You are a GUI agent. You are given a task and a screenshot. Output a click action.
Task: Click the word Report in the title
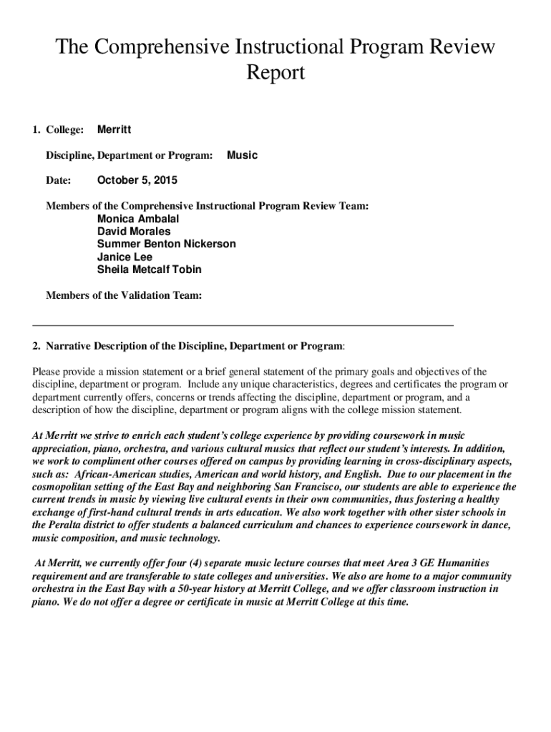[x=275, y=72]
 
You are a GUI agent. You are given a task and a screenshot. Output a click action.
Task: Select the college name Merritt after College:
[x=114, y=129]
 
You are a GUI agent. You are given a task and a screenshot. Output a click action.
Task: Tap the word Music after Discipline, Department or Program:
[x=242, y=155]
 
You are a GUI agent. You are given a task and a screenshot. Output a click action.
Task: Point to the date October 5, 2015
[x=137, y=180]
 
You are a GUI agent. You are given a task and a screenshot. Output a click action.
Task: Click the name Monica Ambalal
[x=138, y=219]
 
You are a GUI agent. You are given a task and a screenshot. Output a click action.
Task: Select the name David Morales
[x=134, y=232]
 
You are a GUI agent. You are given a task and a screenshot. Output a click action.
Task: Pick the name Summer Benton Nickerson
[x=166, y=244]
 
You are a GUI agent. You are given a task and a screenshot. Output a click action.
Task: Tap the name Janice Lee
[x=125, y=257]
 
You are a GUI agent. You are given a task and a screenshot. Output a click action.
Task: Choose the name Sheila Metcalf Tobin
[x=149, y=270]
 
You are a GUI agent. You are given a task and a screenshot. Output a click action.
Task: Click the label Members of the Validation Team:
[x=124, y=295]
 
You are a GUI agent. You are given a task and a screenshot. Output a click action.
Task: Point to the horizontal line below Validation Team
[x=243, y=325]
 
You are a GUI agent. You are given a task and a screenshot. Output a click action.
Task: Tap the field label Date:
[x=59, y=180]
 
